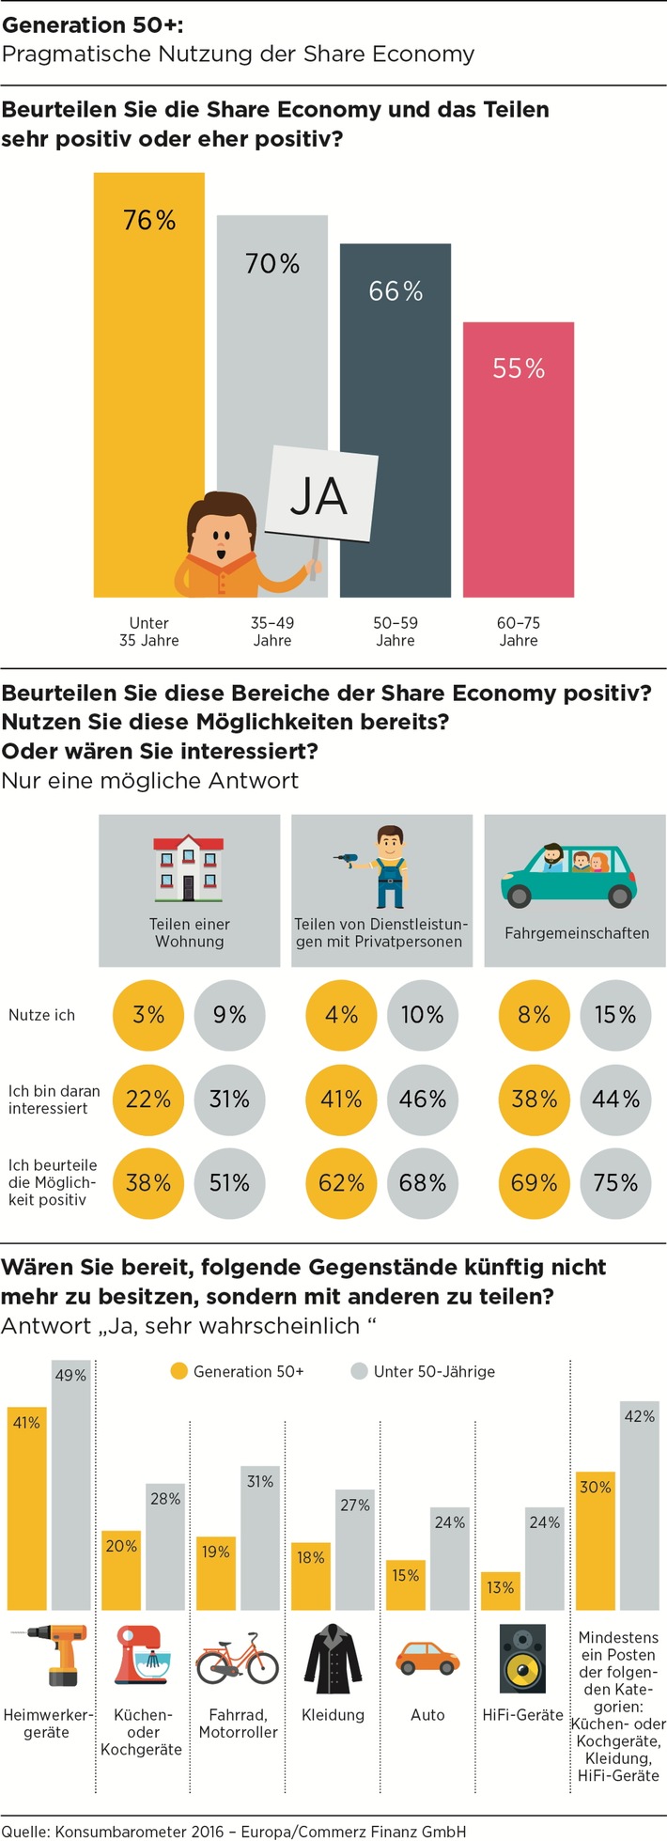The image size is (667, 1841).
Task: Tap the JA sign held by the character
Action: pos(319,495)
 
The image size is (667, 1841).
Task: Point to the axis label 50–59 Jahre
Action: pos(396,632)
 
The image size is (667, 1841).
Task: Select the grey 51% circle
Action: pos(229,1182)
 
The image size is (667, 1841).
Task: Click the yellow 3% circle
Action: pos(148,1015)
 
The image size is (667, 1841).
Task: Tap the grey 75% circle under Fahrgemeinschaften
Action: pos(615,1182)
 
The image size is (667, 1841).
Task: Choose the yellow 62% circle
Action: pos(341,1182)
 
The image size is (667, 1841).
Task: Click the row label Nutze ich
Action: pos(41,1015)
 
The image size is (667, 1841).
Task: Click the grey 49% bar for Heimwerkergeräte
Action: pos(71,1494)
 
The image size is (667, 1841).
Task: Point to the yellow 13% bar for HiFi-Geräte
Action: pos(500,1593)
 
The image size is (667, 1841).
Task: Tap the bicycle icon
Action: pos(238,1661)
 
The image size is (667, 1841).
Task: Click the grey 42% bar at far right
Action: pos(639,1513)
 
